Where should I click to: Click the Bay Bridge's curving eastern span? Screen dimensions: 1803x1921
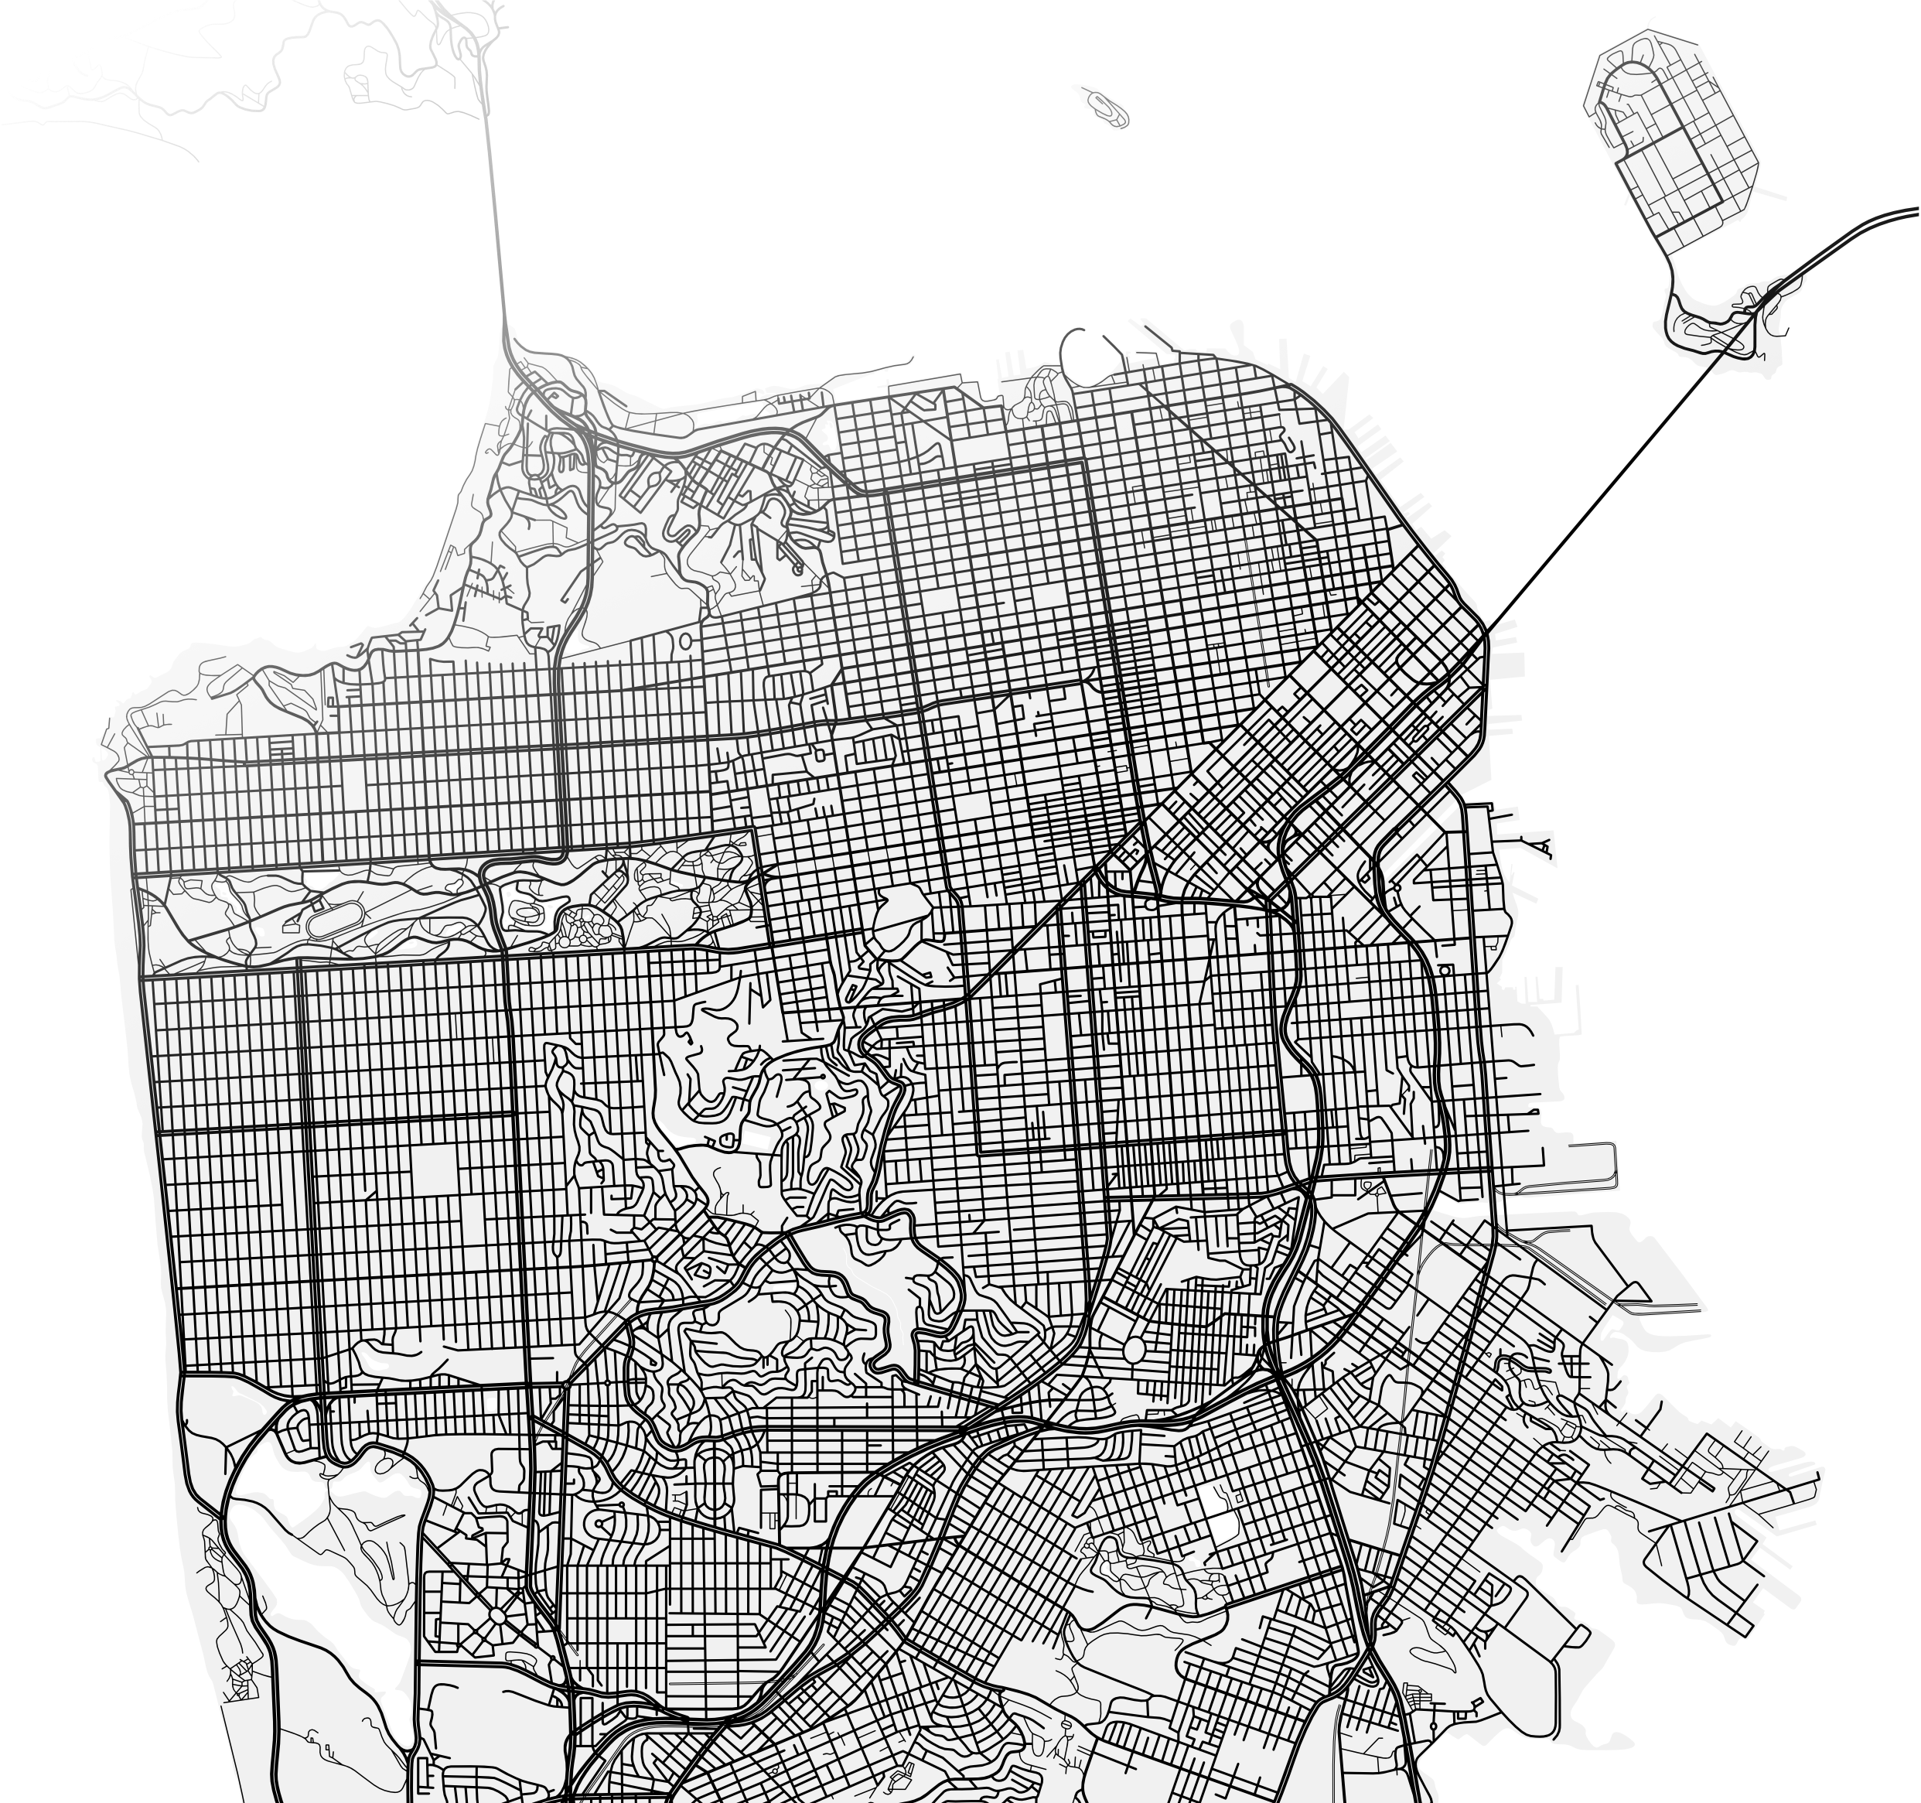pos(1855,232)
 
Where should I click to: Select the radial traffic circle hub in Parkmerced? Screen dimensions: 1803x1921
pos(496,1614)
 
